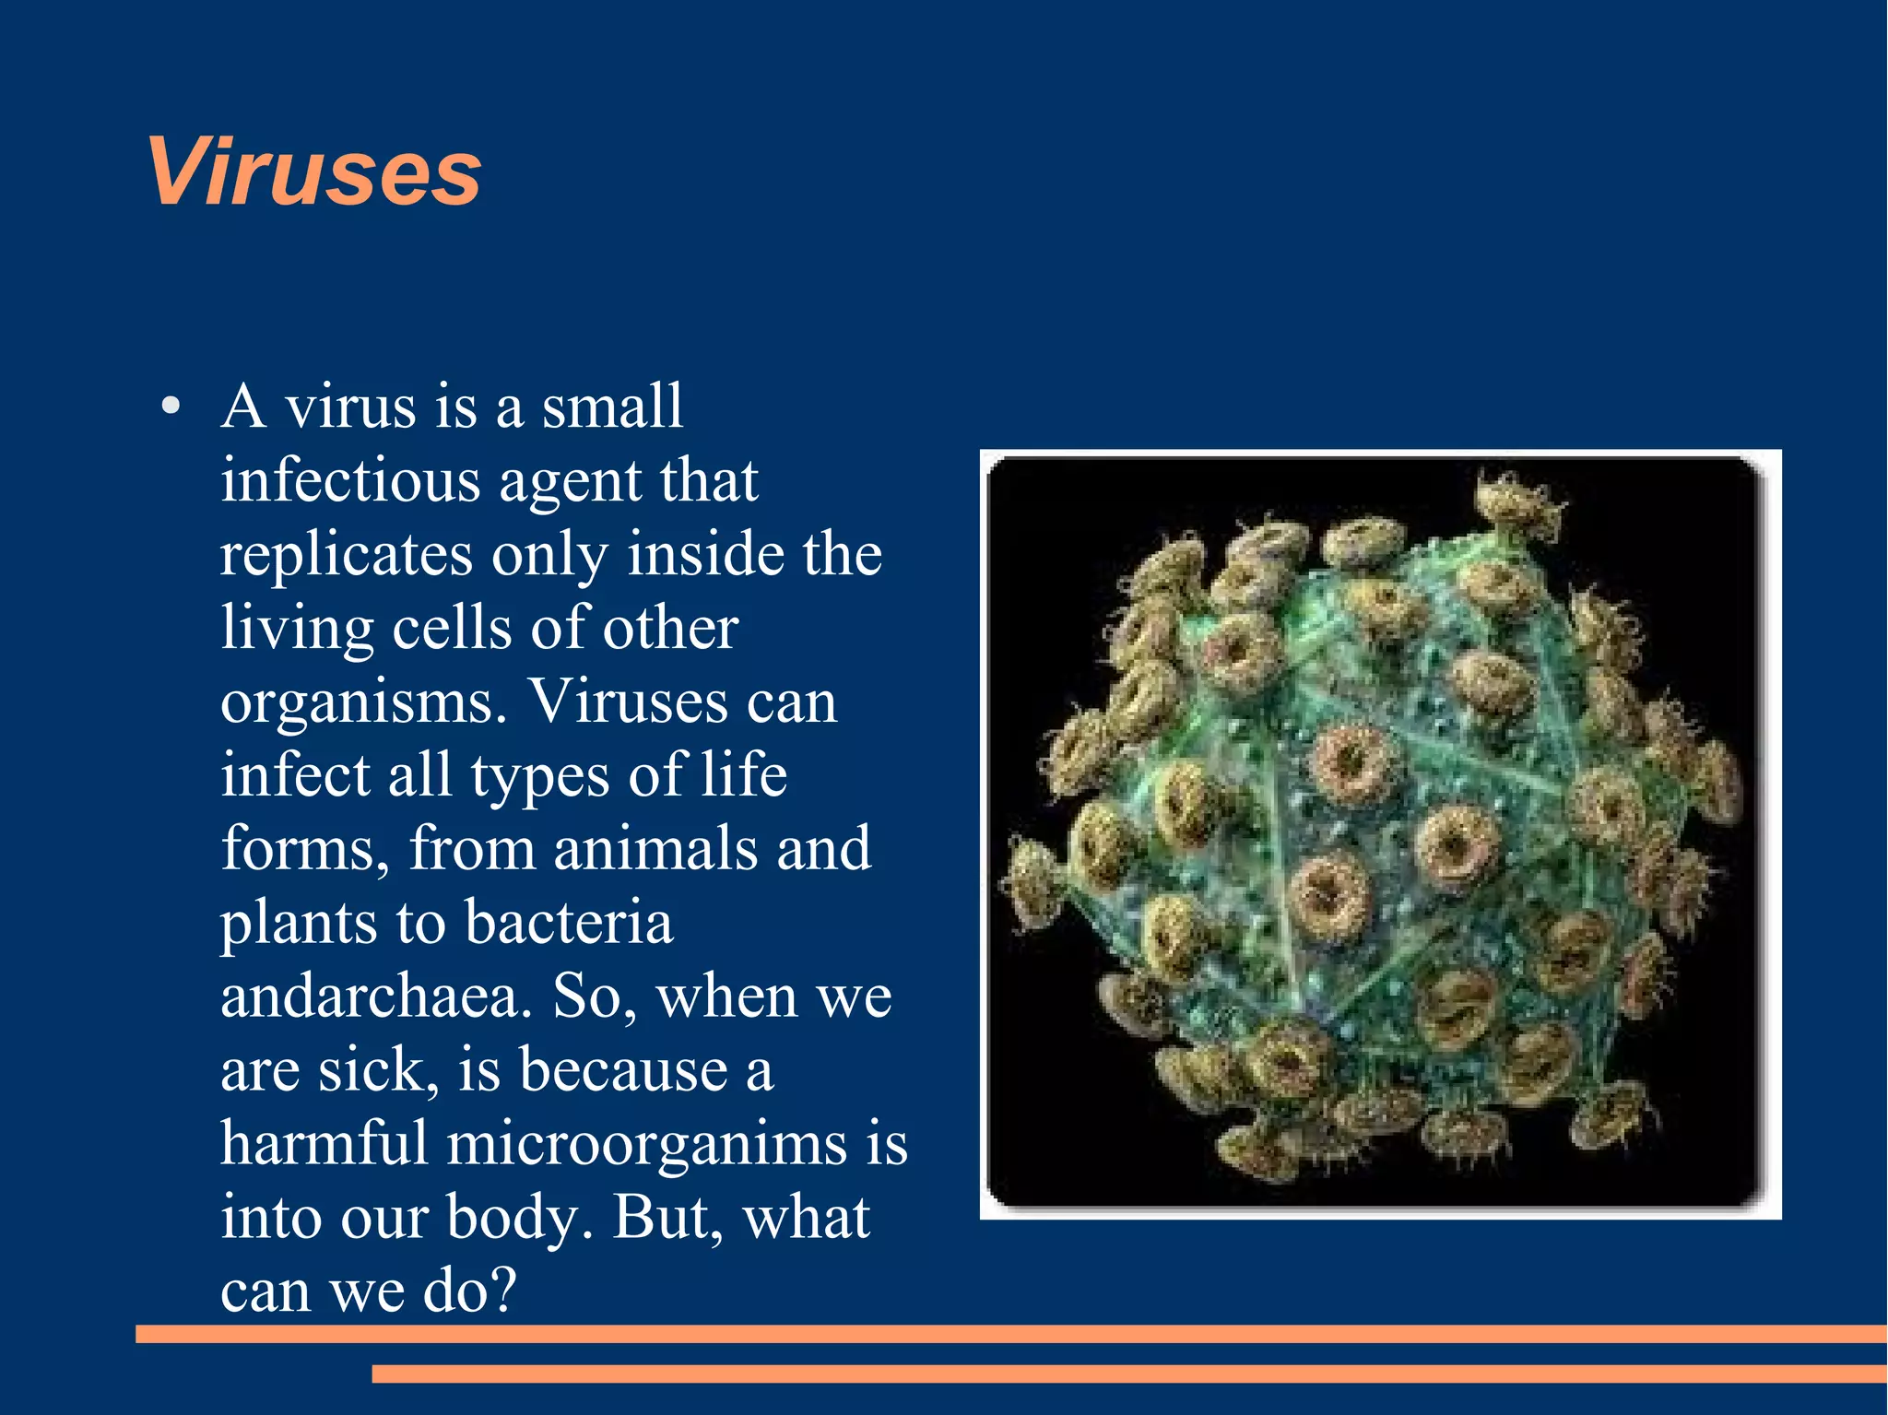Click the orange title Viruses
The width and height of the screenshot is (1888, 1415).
[x=313, y=172]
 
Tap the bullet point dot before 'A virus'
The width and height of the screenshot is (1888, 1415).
[x=170, y=407]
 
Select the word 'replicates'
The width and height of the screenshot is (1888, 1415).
[x=346, y=555]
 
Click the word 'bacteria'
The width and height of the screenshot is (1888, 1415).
[x=568, y=923]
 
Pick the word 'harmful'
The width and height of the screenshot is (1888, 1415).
[x=324, y=1144]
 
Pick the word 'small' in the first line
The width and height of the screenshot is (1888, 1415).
[x=612, y=407]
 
